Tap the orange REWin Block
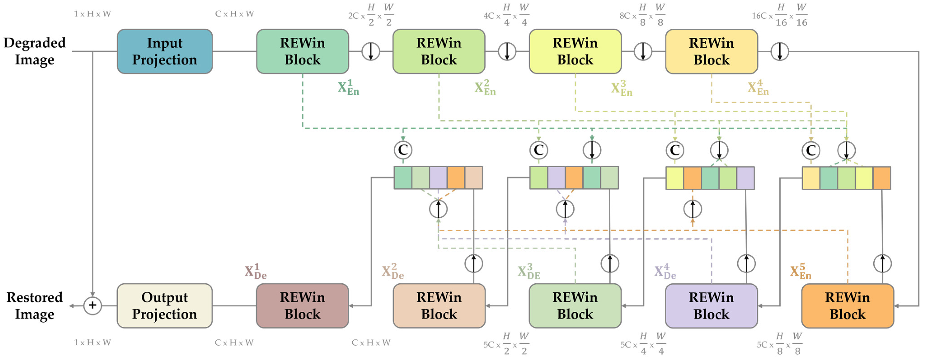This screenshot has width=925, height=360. pyautogui.click(x=848, y=306)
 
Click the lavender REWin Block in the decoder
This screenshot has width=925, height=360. pyautogui.click(x=711, y=306)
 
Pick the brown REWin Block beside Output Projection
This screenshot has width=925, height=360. pyautogui.click(x=302, y=306)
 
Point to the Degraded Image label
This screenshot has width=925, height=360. pyautogui.click(x=35, y=51)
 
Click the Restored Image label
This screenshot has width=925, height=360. pyautogui.click(x=35, y=306)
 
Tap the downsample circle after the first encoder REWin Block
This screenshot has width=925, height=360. pyautogui.click(x=371, y=51)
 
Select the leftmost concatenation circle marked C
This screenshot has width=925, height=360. pyautogui.click(x=403, y=150)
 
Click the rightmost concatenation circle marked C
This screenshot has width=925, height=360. pyautogui.click(x=811, y=150)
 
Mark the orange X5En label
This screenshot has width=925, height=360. pyautogui.click(x=800, y=272)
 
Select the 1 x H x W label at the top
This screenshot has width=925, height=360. pyautogui.click(x=92, y=14)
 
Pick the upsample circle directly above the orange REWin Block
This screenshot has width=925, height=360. pyautogui.click(x=882, y=263)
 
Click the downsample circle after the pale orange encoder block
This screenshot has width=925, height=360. pyautogui.click(x=780, y=51)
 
